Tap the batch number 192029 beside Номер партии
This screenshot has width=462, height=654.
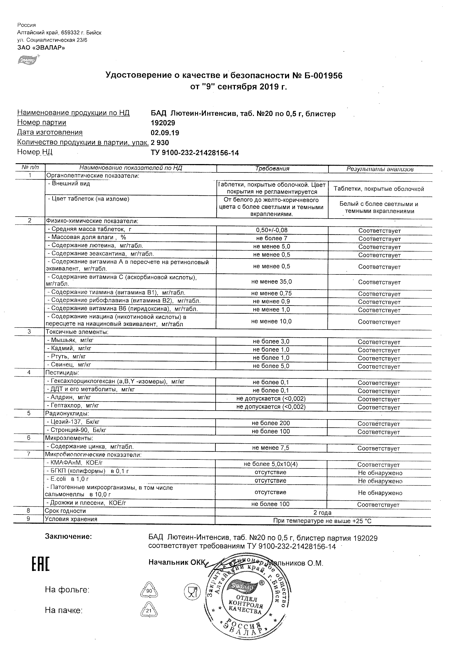[x=163, y=123]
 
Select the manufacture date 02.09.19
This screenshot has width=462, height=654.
[x=165, y=133]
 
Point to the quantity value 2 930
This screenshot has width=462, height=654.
[x=160, y=143]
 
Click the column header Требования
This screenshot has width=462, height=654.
[x=272, y=169]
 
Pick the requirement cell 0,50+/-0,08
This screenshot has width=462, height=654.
[x=272, y=230]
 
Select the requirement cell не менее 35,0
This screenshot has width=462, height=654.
[x=272, y=282]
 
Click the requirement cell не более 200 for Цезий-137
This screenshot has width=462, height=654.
[x=271, y=423]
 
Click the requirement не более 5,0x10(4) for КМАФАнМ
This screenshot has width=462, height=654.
[x=271, y=464]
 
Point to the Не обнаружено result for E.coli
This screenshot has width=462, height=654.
[x=380, y=481]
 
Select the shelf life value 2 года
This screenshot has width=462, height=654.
[x=322, y=513]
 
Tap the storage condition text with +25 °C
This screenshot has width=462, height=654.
[x=322, y=521]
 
